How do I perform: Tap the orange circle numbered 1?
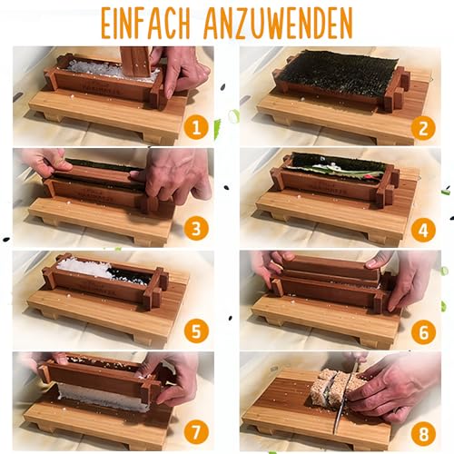(196, 128)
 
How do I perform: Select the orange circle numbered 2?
(423, 128)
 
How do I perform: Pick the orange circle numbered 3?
(196, 229)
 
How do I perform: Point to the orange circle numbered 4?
(423, 230)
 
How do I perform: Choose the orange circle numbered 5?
(196, 331)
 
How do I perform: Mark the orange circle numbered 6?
(424, 332)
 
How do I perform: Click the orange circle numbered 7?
(196, 432)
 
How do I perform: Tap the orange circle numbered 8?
(424, 433)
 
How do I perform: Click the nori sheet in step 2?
(337, 74)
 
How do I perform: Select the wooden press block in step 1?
(135, 62)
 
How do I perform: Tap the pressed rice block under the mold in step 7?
(104, 396)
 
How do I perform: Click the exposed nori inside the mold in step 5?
(131, 275)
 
